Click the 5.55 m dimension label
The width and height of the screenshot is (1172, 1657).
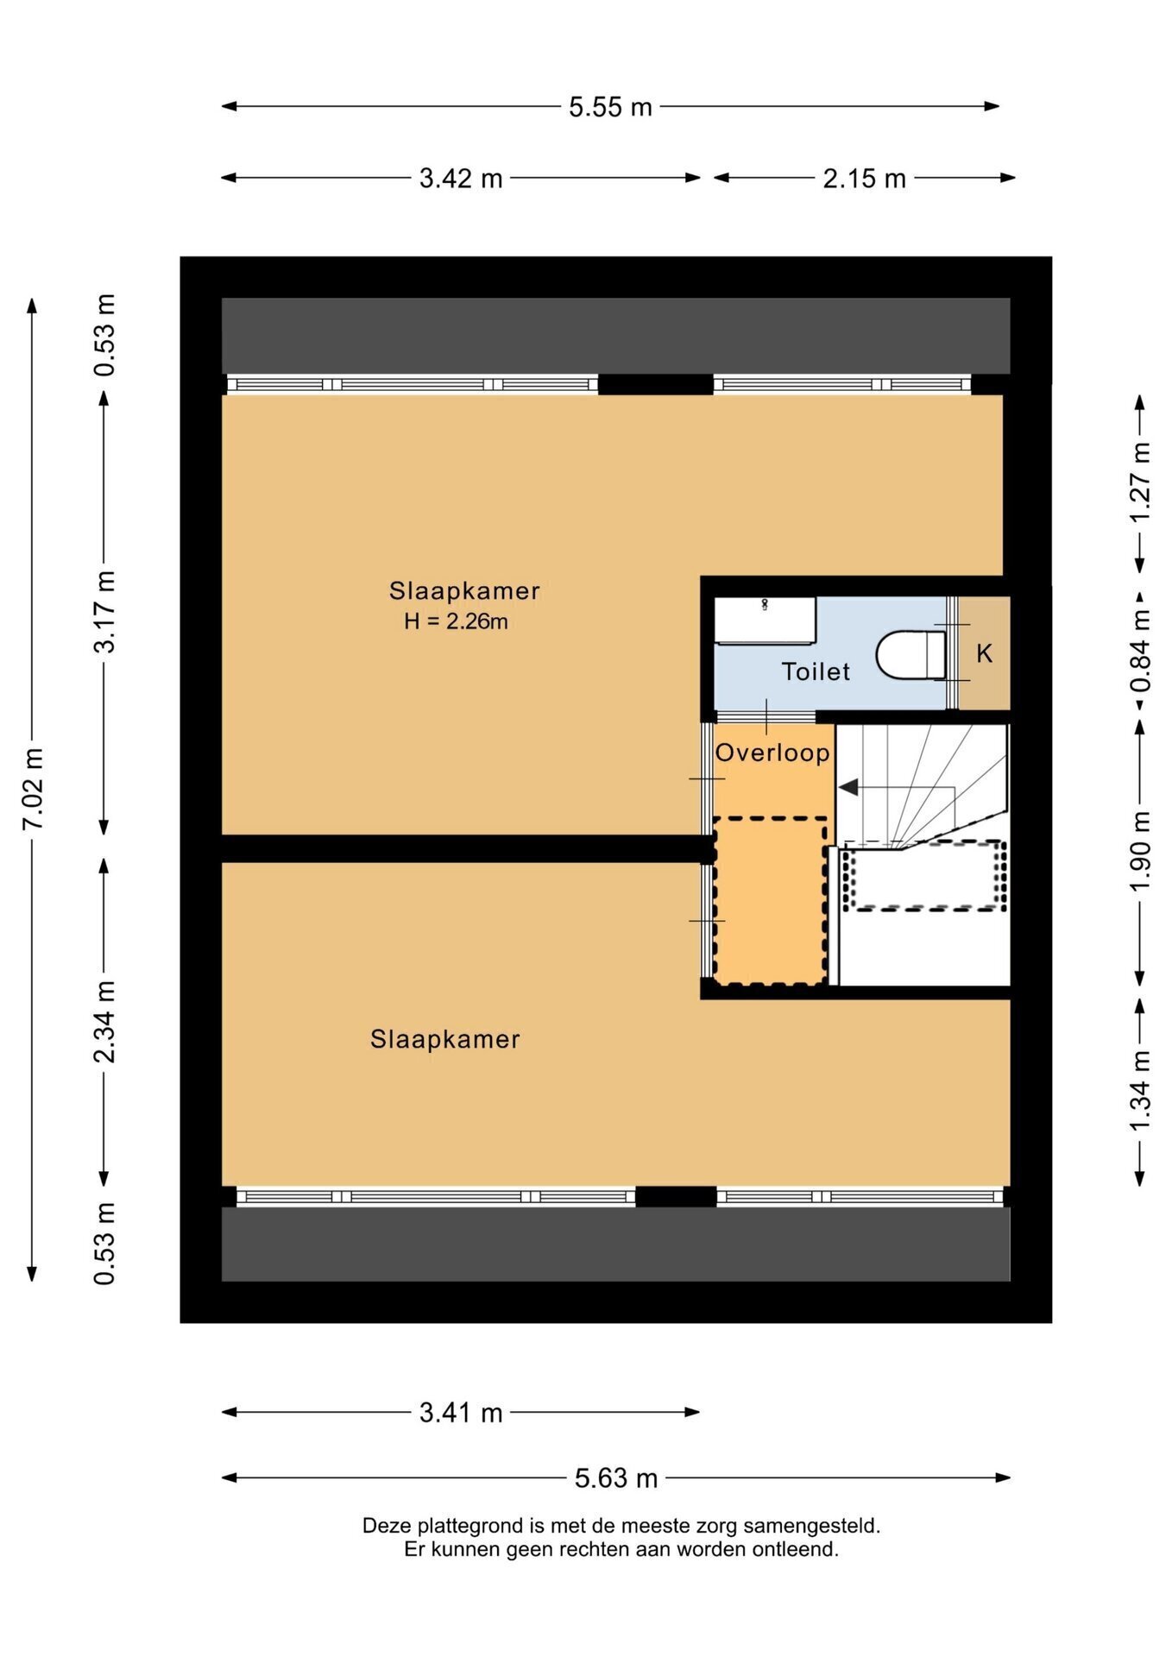(610, 107)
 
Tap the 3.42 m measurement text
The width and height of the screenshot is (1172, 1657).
(461, 179)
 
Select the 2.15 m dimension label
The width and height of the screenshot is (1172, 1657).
(864, 179)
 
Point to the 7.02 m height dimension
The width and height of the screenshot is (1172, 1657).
(33, 788)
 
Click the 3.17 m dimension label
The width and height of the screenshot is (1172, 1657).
(104, 611)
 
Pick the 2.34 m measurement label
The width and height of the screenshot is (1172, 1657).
(104, 1023)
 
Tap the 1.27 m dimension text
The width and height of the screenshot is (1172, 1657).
(1140, 481)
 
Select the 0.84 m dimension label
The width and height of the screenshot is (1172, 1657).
(1140, 651)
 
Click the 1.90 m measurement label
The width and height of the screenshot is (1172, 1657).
(1140, 852)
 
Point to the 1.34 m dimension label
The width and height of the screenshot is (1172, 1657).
(1140, 1090)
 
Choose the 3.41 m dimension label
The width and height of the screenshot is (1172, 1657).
(461, 1413)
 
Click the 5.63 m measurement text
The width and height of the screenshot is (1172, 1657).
(616, 1478)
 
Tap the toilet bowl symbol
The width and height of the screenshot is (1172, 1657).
(911, 654)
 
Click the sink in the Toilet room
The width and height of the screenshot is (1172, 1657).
(765, 621)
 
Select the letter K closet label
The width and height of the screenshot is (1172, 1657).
(984, 654)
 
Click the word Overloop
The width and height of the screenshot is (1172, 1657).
(772, 753)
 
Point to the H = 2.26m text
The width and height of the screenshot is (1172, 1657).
(456, 621)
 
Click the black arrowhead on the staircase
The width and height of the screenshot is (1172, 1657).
(847, 787)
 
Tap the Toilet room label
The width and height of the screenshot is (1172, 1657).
(816, 671)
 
